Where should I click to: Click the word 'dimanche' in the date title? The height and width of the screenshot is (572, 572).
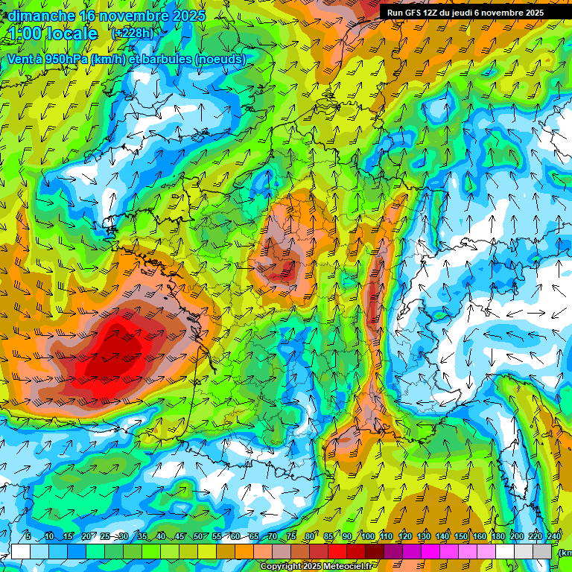tap(40, 16)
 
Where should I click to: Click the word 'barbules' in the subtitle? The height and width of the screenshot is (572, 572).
tap(165, 59)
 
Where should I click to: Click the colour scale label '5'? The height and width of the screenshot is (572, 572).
tap(28, 537)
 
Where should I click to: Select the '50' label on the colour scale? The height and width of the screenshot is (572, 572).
tap(198, 537)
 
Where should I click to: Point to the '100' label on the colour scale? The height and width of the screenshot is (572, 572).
tap(367, 537)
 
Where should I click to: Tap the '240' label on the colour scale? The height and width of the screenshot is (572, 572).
tap(554, 537)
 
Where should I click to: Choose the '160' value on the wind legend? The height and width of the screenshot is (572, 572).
tap(480, 537)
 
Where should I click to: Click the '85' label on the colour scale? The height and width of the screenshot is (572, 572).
tap(329, 537)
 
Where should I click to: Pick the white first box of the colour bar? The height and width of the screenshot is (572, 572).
tap(20, 552)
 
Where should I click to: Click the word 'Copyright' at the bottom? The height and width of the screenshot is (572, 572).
tap(282, 567)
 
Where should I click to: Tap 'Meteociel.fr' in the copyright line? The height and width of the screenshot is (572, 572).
tap(348, 567)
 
